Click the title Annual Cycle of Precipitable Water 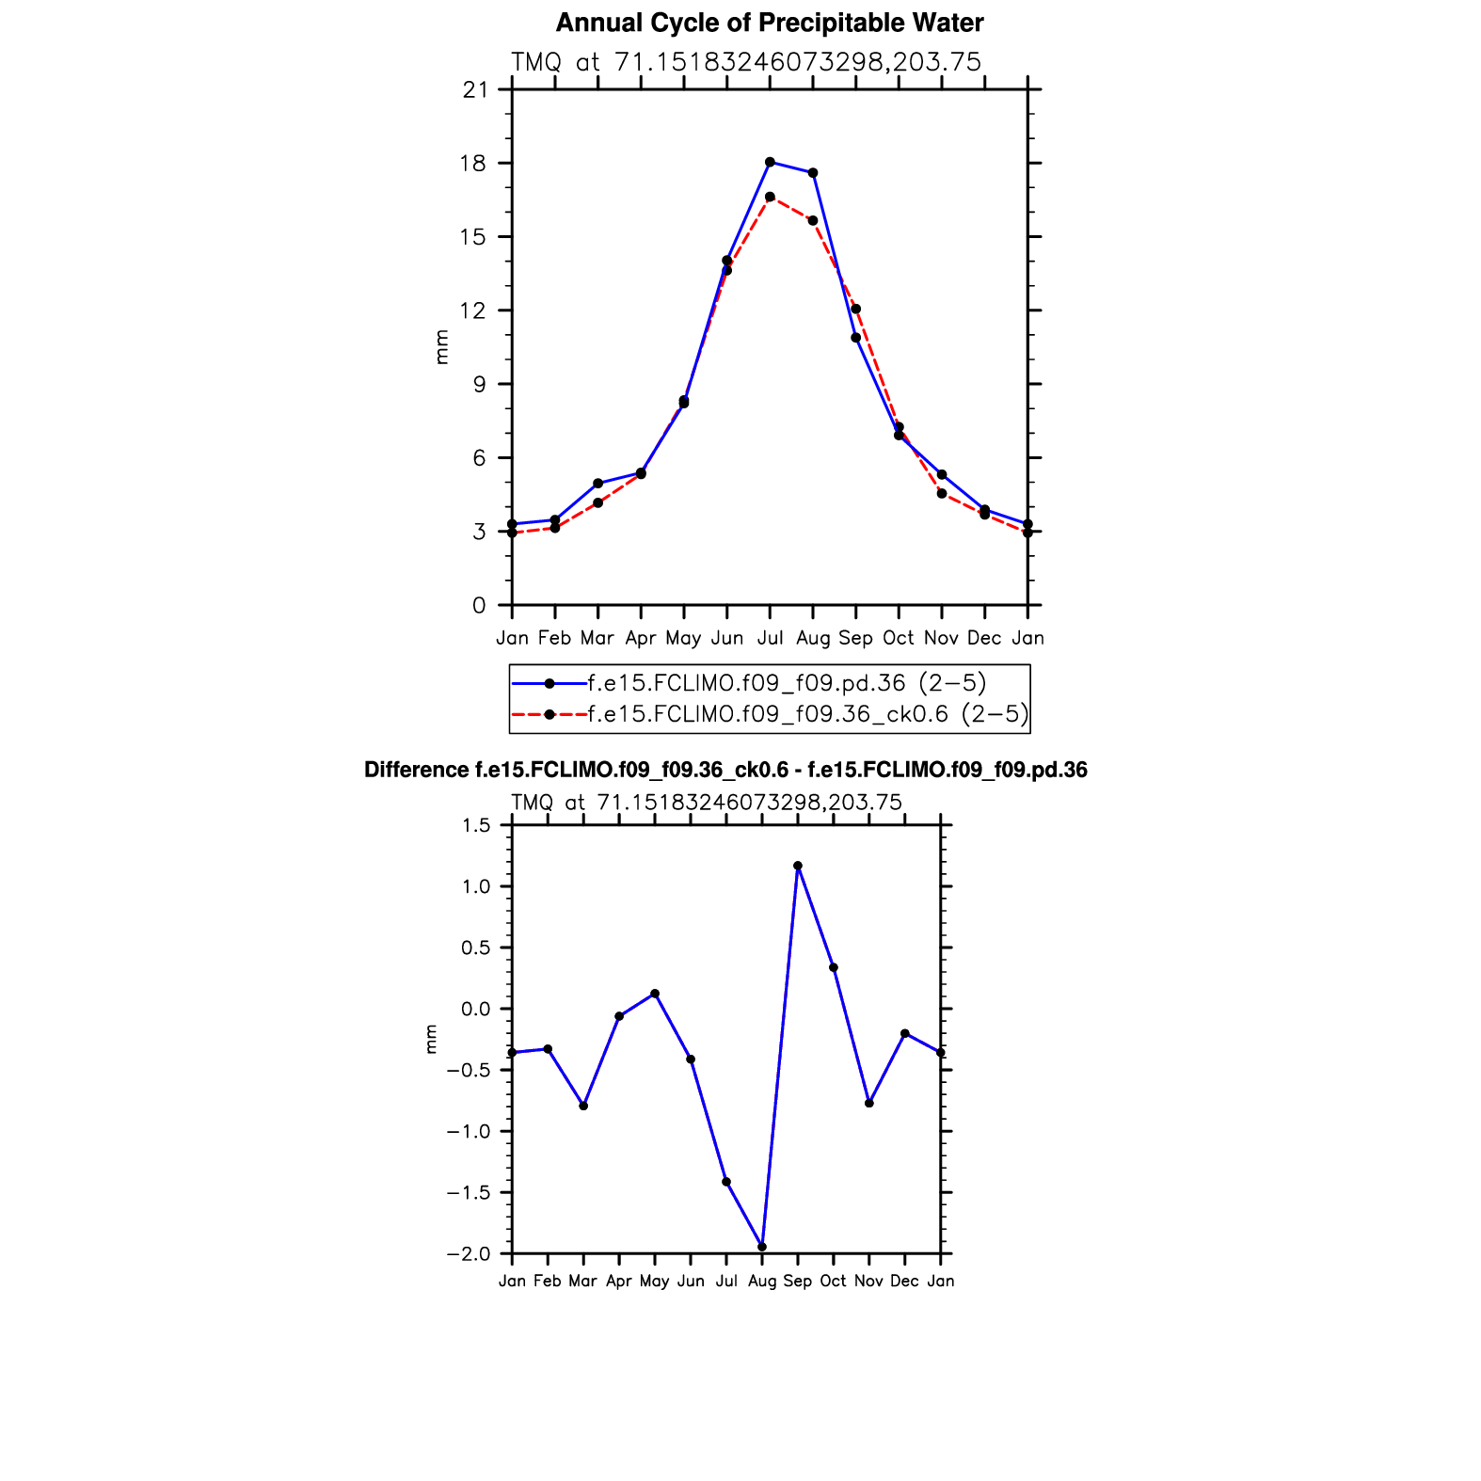[x=770, y=23]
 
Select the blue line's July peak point [x=770, y=162]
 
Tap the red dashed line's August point [x=813, y=220]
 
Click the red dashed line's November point [x=942, y=493]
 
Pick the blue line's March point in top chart [x=597, y=483]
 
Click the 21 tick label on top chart [x=476, y=90]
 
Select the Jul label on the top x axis [x=770, y=638]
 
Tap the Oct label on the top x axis [x=899, y=638]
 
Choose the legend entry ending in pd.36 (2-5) [x=787, y=683]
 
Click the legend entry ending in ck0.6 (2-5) [x=807, y=715]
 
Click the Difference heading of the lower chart [x=725, y=771]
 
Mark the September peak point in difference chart [x=798, y=866]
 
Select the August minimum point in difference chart [x=762, y=1247]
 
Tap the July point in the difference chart [x=726, y=1182]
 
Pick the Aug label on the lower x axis [x=762, y=1281]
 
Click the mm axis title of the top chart [x=442, y=347]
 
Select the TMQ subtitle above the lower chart [x=707, y=803]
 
